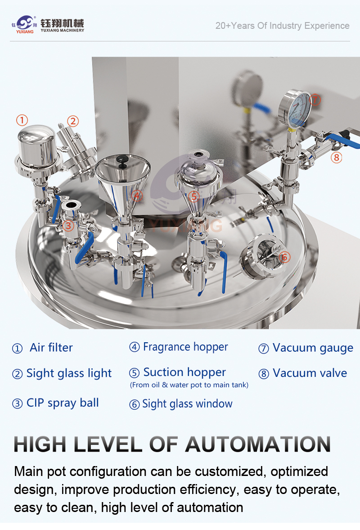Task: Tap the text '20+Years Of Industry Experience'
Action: [x=282, y=26]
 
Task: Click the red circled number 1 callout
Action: [x=22, y=120]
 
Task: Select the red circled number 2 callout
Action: [x=72, y=121]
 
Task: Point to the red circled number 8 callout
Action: [x=336, y=157]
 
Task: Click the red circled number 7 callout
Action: [x=315, y=100]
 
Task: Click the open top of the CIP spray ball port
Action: [x=71, y=204]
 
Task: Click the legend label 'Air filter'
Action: [x=51, y=348]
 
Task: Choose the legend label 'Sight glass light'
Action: [x=69, y=373]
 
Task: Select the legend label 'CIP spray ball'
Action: [x=63, y=403]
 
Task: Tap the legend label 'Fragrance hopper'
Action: [x=185, y=347]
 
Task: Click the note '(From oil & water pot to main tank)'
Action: [x=189, y=385]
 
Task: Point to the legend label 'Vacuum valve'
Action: [x=310, y=373]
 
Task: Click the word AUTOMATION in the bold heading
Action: [x=258, y=444]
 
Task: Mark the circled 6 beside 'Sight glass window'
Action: [x=135, y=404]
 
